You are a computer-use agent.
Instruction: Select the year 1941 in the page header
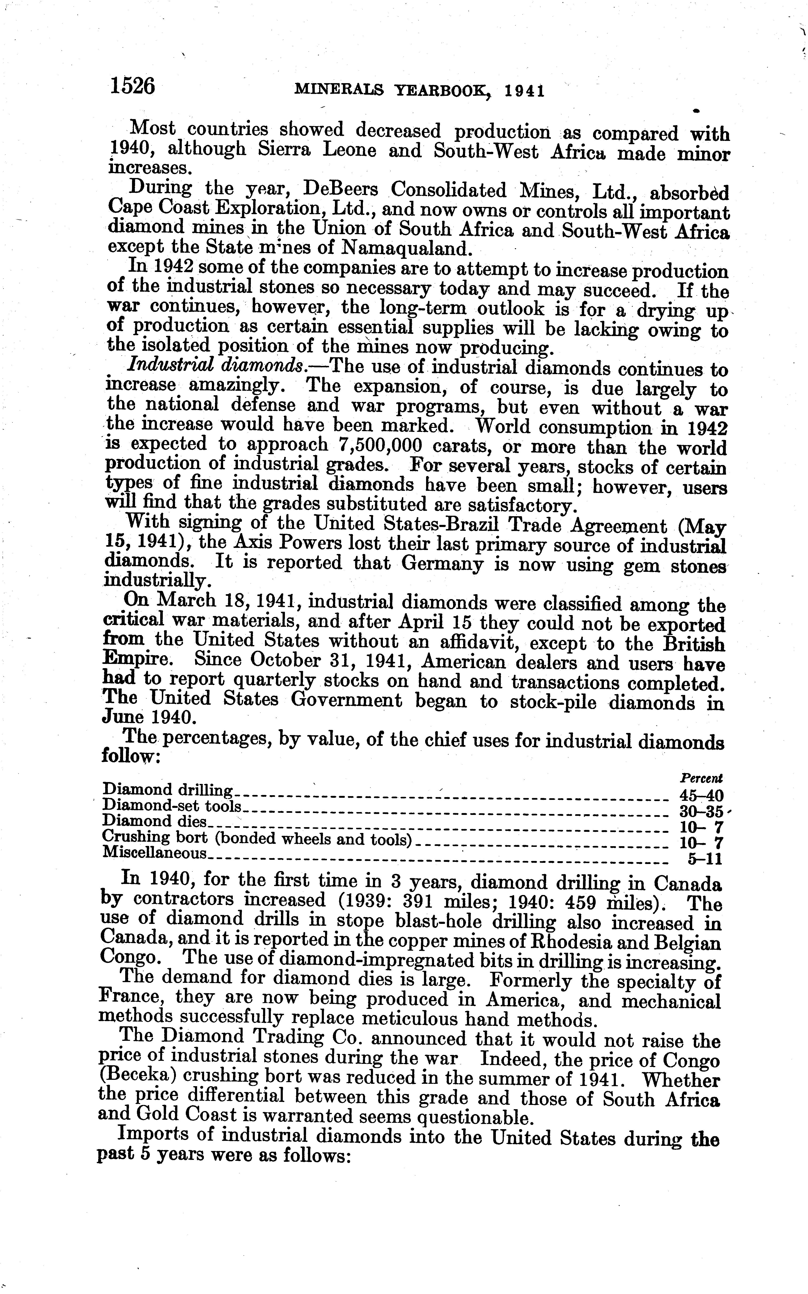pyautogui.click(x=525, y=91)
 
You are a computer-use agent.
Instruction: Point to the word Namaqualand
pyautogui.click(x=407, y=248)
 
